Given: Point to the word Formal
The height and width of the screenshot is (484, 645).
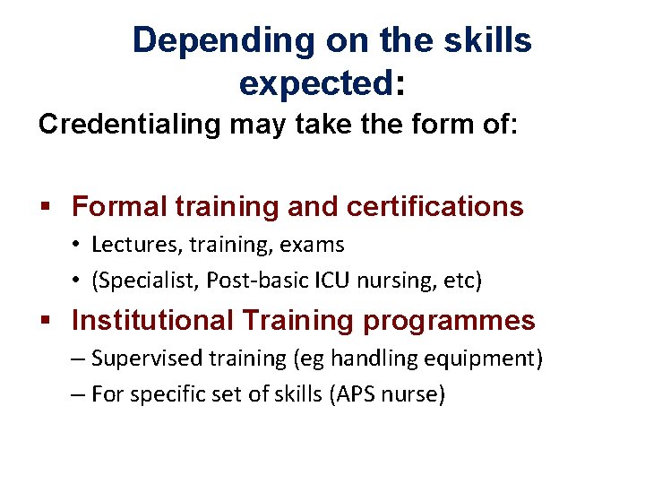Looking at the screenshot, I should [120, 206].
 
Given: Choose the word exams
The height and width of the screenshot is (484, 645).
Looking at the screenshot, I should [313, 245].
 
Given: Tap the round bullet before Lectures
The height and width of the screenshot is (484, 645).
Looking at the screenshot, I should [78, 245].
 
